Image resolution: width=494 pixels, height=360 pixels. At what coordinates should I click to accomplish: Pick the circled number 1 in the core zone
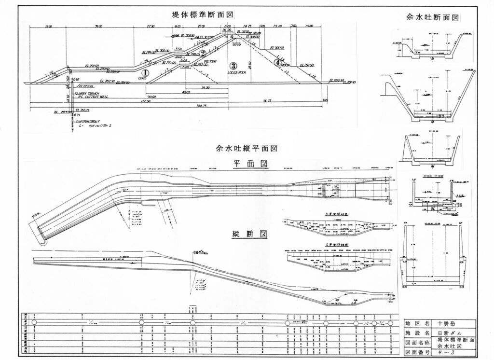[144, 72]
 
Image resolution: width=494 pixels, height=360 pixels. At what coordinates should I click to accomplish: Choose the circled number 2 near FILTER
[203, 53]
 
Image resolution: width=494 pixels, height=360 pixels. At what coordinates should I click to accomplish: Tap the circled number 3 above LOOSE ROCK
[233, 66]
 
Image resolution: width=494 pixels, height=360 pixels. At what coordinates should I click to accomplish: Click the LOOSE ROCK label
[236, 72]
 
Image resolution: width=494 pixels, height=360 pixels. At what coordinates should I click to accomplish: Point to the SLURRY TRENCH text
[88, 92]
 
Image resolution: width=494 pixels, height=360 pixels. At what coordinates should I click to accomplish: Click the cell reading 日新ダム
[447, 333]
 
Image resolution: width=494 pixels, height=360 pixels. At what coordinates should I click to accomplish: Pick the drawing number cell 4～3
[445, 352]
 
